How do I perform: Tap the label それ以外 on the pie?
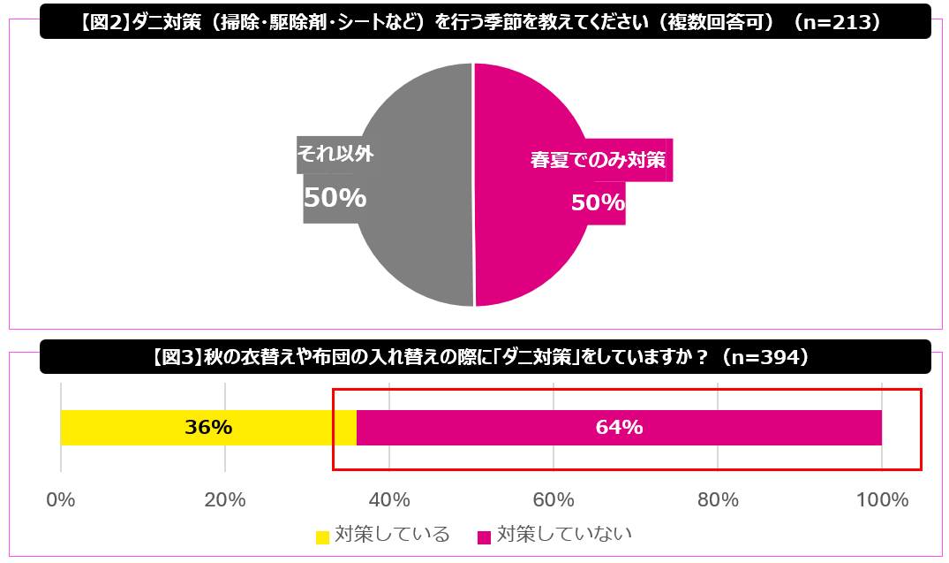(335, 154)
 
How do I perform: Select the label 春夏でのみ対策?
(597, 161)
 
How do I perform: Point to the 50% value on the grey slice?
(335, 198)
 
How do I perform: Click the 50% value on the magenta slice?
(598, 203)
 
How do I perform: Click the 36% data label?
(208, 428)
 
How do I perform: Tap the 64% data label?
(619, 428)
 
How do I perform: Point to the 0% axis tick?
(60, 499)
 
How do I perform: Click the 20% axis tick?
(224, 499)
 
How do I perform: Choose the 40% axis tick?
(389, 499)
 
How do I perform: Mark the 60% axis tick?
(554, 499)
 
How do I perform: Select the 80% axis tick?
(718, 499)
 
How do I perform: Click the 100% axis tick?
(882, 499)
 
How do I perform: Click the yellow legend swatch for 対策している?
(322, 536)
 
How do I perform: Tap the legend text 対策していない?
(565, 535)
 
